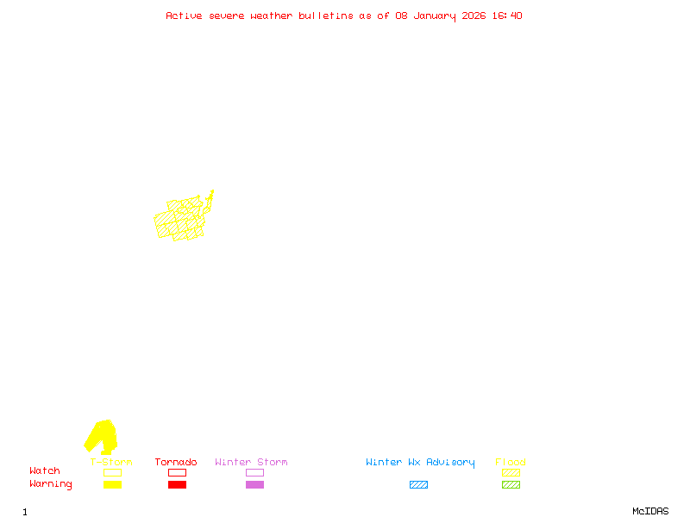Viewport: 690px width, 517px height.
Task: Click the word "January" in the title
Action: pyautogui.click(x=429, y=16)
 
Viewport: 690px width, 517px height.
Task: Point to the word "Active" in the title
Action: pyautogui.click(x=184, y=16)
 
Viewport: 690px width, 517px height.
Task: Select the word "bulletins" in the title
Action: pyautogui.click(x=326, y=16)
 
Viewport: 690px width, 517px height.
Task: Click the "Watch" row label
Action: pyautogui.click(x=45, y=471)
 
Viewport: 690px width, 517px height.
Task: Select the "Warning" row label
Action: pyautogui.click(x=51, y=484)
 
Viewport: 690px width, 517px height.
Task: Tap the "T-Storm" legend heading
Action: pyautogui.click(x=111, y=463)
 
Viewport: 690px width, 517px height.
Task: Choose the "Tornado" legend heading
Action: pyautogui.click(x=176, y=463)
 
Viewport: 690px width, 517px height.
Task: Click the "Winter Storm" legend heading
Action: pyautogui.click(x=251, y=463)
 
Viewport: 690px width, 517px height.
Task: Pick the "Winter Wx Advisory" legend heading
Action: pyautogui.click(x=420, y=463)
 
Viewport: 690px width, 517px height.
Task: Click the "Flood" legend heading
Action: pyautogui.click(x=511, y=463)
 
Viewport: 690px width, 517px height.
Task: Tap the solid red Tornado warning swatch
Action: pyautogui.click(x=177, y=485)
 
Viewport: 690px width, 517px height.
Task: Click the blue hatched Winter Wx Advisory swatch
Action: pyautogui.click(x=418, y=485)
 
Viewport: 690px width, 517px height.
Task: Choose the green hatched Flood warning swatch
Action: pyautogui.click(x=511, y=485)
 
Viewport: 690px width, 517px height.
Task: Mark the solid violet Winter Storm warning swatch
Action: pyautogui.click(x=254, y=485)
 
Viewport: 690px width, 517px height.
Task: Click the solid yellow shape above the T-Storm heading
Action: pyautogui.click(x=102, y=435)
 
